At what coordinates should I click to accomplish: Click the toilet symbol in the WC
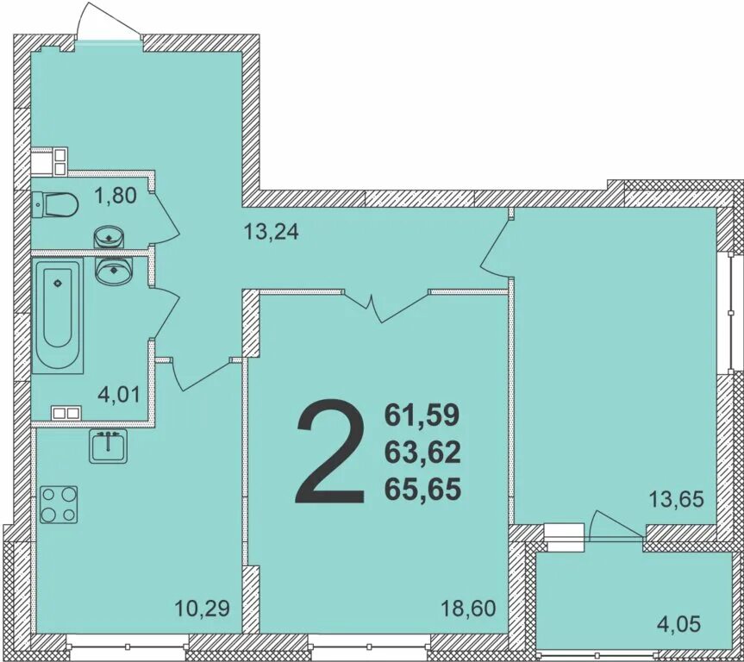[x=55, y=205]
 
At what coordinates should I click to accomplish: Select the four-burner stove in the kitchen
[x=59, y=504]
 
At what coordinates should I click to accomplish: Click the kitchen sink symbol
[x=109, y=447]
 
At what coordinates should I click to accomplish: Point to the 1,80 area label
[x=116, y=195]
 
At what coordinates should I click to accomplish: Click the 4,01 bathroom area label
[x=119, y=394]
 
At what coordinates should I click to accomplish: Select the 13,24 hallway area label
[x=271, y=232]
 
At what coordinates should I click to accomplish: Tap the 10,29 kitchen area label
[x=202, y=608]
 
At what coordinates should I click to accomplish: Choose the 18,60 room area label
[x=468, y=608]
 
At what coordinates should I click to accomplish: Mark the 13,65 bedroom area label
[x=676, y=499]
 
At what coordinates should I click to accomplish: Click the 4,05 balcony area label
[x=678, y=624]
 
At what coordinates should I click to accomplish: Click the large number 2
[x=331, y=451]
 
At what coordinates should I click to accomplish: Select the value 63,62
[x=422, y=453]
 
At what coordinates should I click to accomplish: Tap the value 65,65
[x=422, y=490]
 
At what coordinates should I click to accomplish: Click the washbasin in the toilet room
[x=109, y=237]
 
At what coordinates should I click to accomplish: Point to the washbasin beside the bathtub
[x=114, y=270]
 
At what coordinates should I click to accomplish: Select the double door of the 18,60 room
[x=385, y=306]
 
